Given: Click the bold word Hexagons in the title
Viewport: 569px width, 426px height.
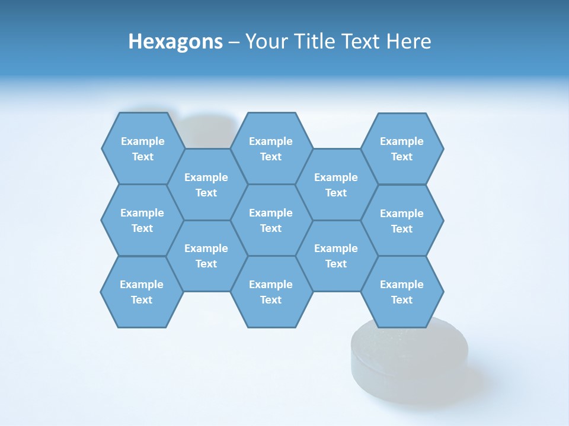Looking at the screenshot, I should pyautogui.click(x=175, y=41).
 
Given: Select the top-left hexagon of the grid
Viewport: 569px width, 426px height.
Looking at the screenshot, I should pyautogui.click(x=143, y=149).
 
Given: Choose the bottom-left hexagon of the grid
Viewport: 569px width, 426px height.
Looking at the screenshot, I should pyautogui.click(x=142, y=292).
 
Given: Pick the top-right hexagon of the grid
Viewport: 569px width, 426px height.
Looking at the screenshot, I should pyautogui.click(x=402, y=149).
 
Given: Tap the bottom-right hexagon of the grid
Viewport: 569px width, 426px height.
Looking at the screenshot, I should pyautogui.click(x=402, y=292).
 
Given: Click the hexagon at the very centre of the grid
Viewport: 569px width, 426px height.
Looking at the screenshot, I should pyautogui.click(x=271, y=220).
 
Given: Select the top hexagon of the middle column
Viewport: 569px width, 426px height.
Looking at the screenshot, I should pyautogui.click(x=271, y=149).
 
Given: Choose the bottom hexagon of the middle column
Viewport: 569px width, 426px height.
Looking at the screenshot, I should pyautogui.click(x=271, y=292).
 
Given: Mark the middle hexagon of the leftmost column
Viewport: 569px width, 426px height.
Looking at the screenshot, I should pyautogui.click(x=142, y=220).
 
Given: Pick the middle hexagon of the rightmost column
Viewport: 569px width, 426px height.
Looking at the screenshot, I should pyautogui.click(x=402, y=221).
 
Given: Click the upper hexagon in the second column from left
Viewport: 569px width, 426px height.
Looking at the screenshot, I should pyautogui.click(x=206, y=185).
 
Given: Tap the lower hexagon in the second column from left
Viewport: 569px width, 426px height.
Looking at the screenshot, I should pyautogui.click(x=206, y=256).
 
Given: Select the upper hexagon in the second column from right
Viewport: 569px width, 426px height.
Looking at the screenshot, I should pyautogui.click(x=336, y=185).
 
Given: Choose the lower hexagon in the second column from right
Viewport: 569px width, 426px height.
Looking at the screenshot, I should pyautogui.click(x=336, y=256).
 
